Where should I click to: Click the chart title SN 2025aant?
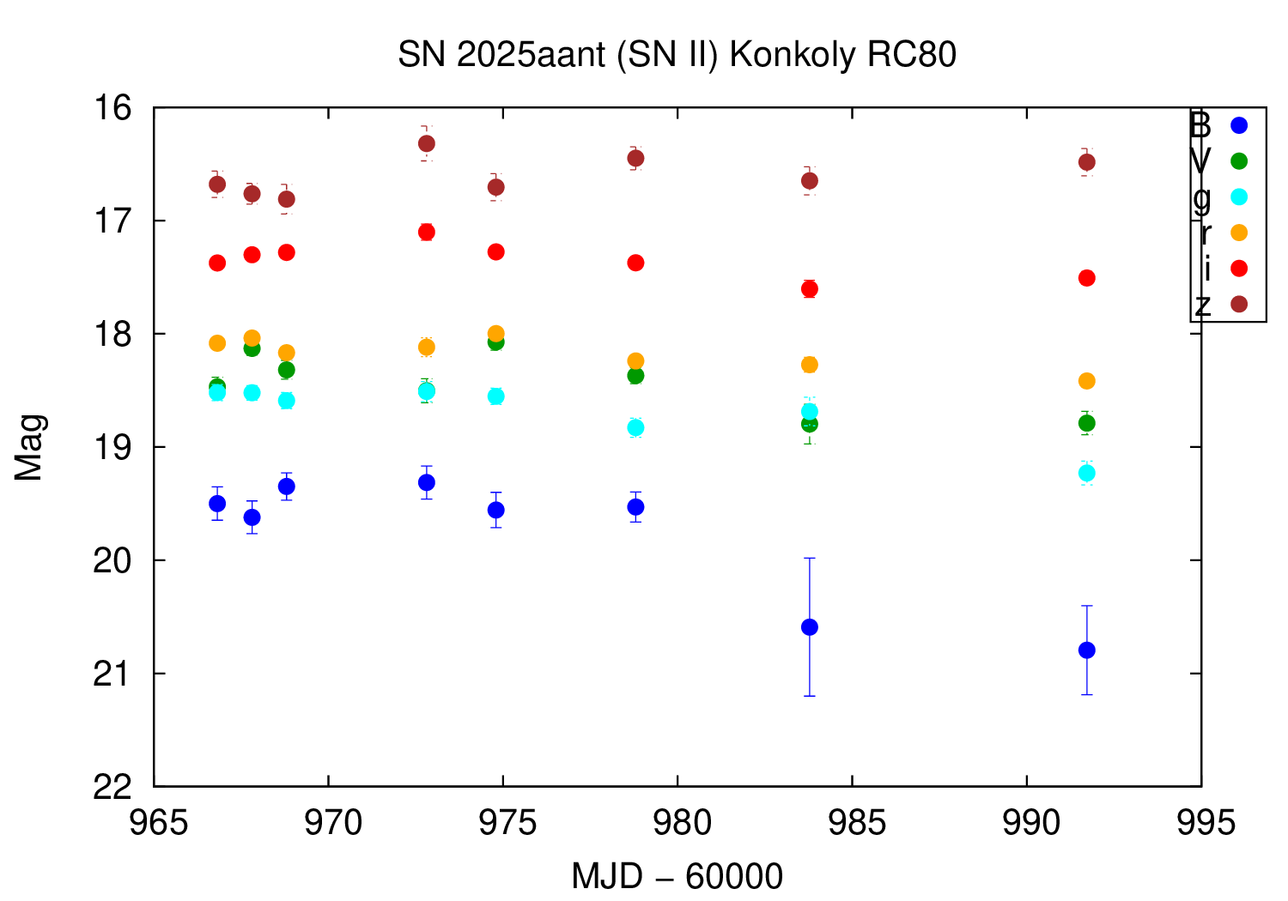point(677,55)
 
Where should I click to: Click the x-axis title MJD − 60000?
point(677,876)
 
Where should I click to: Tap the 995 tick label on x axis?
point(1201,823)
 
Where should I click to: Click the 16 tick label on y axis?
point(115,108)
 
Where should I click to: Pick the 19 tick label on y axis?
point(115,447)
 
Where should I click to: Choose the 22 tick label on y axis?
point(115,786)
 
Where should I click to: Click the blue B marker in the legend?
point(1239,125)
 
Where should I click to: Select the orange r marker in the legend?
point(1239,233)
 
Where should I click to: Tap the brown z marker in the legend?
point(1239,305)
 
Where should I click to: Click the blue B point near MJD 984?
point(809,627)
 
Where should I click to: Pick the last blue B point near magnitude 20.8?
point(1087,650)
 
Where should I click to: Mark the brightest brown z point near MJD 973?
point(427,143)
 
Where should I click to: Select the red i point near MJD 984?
point(809,289)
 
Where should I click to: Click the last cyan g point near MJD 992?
point(1087,473)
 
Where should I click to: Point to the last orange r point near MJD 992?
point(1087,381)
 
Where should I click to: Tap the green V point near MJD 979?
point(635,376)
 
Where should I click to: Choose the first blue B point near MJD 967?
point(217,503)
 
